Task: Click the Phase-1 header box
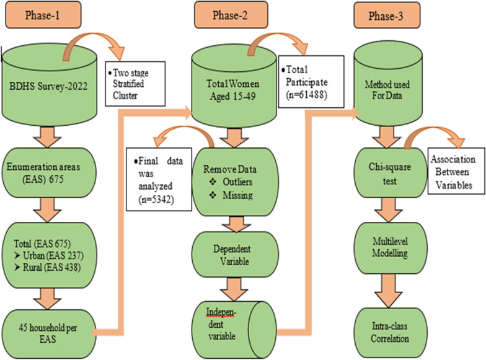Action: tap(43, 15)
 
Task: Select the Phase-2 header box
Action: tap(231, 15)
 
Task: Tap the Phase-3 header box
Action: tap(387, 15)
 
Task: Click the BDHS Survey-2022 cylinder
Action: tap(50, 86)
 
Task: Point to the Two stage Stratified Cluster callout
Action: tap(135, 84)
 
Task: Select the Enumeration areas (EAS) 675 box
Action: tap(49, 172)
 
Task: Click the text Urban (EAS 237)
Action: tap(53, 255)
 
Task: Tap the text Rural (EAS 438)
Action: tap(52, 268)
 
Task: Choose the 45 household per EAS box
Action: tap(49, 333)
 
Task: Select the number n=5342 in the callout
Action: tap(156, 200)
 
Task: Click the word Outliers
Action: tap(237, 182)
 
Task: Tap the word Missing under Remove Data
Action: tap(237, 195)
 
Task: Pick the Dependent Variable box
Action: tap(235, 255)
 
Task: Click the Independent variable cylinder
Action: tap(234, 330)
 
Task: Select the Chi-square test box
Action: tap(391, 173)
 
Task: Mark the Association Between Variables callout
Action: tap(456, 172)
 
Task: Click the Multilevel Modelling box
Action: tap(391, 248)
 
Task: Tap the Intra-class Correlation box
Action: tap(391, 332)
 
